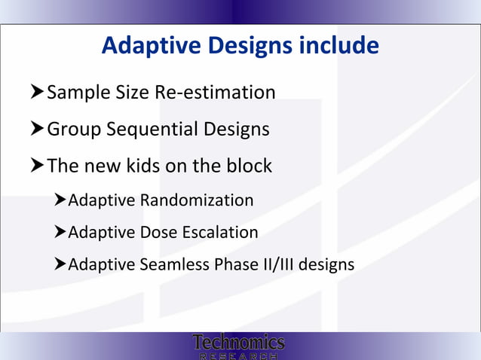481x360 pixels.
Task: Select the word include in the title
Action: click(x=339, y=47)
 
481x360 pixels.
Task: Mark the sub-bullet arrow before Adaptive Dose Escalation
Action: click(x=60, y=232)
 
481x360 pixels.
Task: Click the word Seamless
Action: click(x=172, y=265)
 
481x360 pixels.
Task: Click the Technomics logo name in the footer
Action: click(x=238, y=343)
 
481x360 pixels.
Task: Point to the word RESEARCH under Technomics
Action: click(x=238, y=355)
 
